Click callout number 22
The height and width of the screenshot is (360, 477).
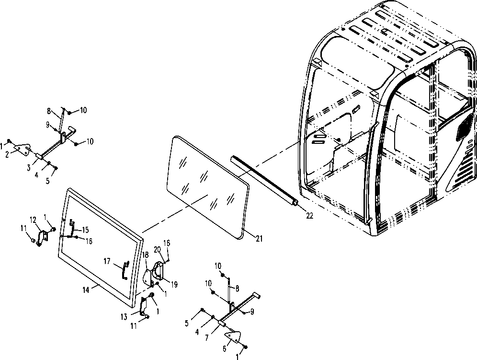(x=309, y=215)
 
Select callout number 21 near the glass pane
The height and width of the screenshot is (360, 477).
(x=259, y=238)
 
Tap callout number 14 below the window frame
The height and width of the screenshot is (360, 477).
(x=86, y=290)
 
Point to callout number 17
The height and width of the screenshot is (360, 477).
(x=107, y=261)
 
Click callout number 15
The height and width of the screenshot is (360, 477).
(x=85, y=230)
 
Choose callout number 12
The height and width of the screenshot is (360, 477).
(x=33, y=220)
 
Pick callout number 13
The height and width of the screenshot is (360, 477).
(x=124, y=317)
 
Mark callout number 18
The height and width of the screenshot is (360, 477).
(x=145, y=255)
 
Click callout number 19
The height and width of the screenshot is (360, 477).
(x=174, y=285)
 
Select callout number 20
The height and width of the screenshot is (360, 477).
(x=157, y=249)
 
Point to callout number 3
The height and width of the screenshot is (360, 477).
(x=29, y=167)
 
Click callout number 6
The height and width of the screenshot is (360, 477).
(x=225, y=348)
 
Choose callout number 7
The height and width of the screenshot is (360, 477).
(x=207, y=338)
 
